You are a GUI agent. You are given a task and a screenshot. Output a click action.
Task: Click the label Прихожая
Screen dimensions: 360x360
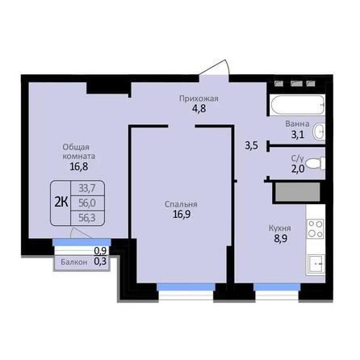point(199,98)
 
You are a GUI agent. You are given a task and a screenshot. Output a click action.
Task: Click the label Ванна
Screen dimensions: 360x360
point(297,124)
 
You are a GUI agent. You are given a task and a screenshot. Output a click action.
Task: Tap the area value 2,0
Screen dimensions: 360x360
point(297,170)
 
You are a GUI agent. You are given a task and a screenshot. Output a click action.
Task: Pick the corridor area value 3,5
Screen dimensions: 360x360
point(251,146)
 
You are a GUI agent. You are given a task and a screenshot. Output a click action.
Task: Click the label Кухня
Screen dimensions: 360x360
point(281,228)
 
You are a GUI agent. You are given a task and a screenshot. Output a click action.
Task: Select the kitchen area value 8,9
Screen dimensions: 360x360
point(281,240)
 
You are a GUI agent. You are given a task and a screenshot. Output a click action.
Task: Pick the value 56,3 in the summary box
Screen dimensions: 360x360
point(85,216)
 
